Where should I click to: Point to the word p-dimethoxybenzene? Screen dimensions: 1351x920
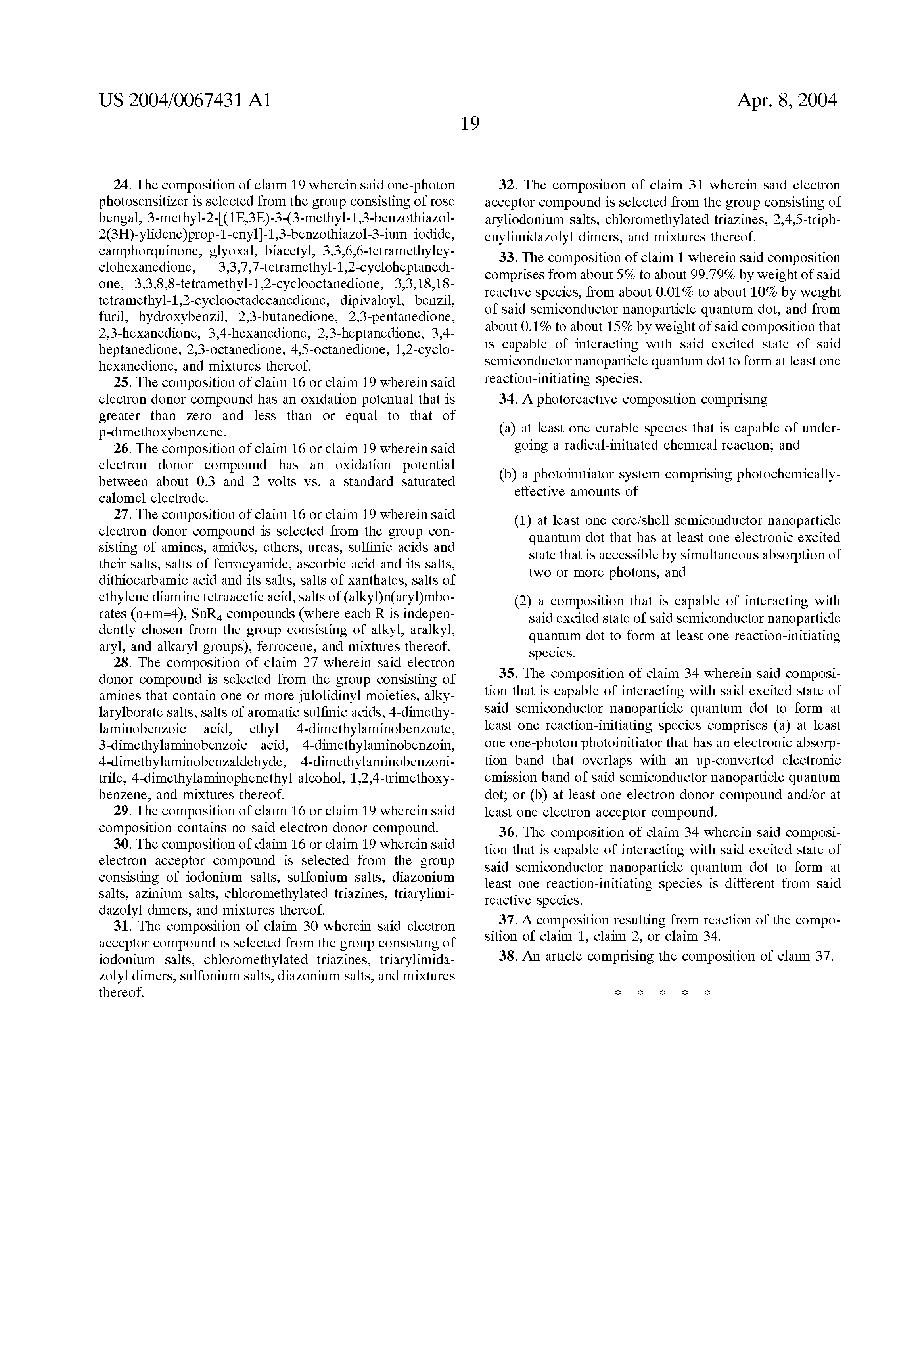coord(161,432)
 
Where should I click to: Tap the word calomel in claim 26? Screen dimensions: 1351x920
coord(123,498)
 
